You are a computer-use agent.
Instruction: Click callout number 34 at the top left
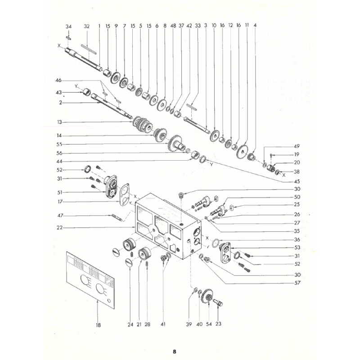[68, 27]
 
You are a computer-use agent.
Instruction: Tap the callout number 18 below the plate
[98, 325]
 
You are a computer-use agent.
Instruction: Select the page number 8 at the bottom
[175, 351]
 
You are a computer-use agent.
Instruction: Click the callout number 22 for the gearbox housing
[59, 228]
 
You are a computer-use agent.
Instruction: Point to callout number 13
[59, 122]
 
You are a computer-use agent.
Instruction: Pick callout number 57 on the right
[297, 283]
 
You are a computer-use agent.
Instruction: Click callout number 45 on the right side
[297, 181]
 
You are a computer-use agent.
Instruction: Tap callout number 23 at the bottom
[218, 324]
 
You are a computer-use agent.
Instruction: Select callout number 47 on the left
[60, 216]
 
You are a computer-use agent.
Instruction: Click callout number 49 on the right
[297, 146]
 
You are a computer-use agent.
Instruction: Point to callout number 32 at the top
[86, 27]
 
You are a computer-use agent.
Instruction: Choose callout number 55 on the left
[59, 144]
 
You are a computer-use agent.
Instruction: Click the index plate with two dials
[90, 280]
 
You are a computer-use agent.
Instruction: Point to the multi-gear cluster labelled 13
[143, 126]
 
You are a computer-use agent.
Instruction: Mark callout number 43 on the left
[59, 92]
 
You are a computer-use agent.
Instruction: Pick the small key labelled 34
[68, 38]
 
